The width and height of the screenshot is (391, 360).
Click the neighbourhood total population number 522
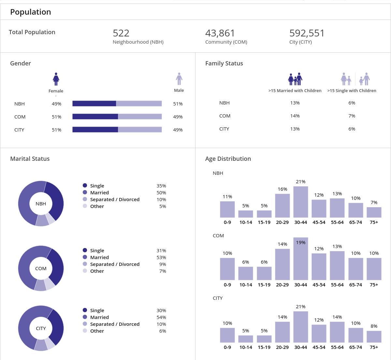pyautogui.click(x=121, y=33)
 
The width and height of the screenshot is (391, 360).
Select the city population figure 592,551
pyautogui.click(x=307, y=33)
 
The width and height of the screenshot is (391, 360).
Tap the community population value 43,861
pyautogui.click(x=220, y=33)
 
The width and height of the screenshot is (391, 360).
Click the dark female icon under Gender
pyautogui.click(x=56, y=79)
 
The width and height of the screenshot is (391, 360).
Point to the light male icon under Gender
pyautogui.click(x=179, y=79)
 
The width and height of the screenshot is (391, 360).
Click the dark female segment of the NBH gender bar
pyautogui.click(x=94, y=104)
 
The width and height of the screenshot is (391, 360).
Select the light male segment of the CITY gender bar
pyautogui.click(x=140, y=130)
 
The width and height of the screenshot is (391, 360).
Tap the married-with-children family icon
pyautogui.click(x=295, y=79)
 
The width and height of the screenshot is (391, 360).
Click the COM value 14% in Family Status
pyautogui.click(x=295, y=116)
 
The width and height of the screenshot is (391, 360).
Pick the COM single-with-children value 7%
pyautogui.click(x=352, y=116)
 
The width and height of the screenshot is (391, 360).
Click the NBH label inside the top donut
pyautogui.click(x=41, y=204)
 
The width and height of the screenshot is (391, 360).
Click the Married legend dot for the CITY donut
pyautogui.click(x=85, y=317)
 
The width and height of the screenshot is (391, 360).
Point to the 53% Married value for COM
pyautogui.click(x=161, y=257)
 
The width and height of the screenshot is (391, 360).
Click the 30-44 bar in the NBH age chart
pyautogui.click(x=301, y=202)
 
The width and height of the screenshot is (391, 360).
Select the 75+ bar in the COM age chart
pyautogui.click(x=374, y=269)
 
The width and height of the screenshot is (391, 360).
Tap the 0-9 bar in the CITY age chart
pyautogui.click(x=227, y=335)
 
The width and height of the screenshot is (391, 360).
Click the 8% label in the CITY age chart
pyautogui.click(x=374, y=326)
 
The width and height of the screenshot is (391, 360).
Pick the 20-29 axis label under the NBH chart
pyautogui.click(x=282, y=222)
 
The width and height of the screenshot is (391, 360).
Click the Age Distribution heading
pyautogui.click(x=228, y=159)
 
